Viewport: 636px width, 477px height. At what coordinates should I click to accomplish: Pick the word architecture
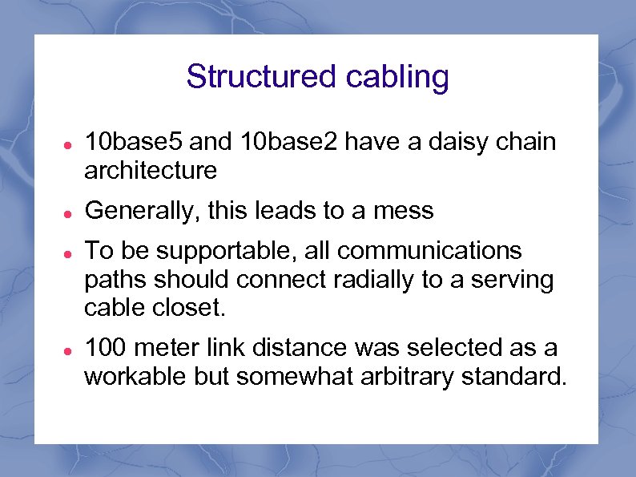tap(151, 171)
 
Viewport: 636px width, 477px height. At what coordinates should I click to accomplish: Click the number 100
tap(107, 348)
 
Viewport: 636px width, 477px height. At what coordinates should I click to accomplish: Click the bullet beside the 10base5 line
tap(70, 144)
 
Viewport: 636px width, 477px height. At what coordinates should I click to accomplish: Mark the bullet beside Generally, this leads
tap(70, 212)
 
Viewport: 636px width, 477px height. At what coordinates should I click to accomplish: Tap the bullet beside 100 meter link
tap(70, 349)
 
